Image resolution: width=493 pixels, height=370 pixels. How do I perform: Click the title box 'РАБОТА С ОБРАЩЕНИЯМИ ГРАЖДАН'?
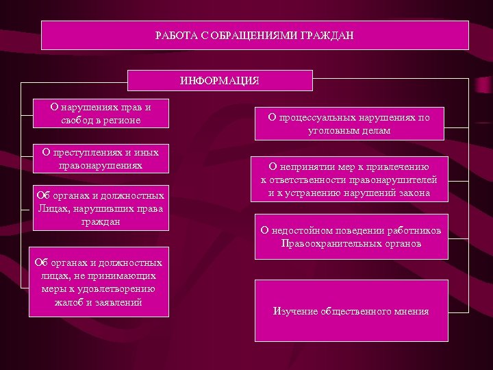click(x=255, y=35)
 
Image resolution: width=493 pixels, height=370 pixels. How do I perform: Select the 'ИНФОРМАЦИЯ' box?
click(x=220, y=80)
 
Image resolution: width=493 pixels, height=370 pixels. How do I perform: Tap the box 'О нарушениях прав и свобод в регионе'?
click(x=101, y=114)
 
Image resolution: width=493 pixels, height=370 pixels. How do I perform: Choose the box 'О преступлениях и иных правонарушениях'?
click(x=101, y=159)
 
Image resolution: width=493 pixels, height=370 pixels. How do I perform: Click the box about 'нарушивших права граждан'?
click(x=101, y=208)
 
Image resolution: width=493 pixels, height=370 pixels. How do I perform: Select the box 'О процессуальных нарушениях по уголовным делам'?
click(x=349, y=124)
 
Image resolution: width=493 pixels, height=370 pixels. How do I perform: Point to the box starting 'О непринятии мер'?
click(x=349, y=180)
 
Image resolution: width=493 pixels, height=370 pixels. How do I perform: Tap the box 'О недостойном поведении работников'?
click(x=351, y=237)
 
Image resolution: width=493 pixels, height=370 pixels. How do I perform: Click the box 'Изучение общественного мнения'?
click(x=351, y=311)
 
